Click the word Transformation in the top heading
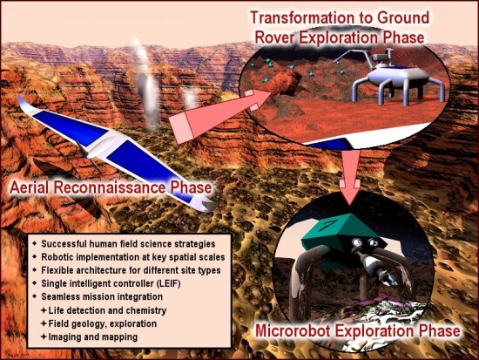310,17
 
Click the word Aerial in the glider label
29,187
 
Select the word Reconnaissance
110,187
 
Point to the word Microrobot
293,330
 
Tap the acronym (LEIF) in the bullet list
168,283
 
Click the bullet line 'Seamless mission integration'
102,296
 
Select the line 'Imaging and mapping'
93,337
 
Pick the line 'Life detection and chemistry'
107,310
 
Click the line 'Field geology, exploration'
103,323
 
